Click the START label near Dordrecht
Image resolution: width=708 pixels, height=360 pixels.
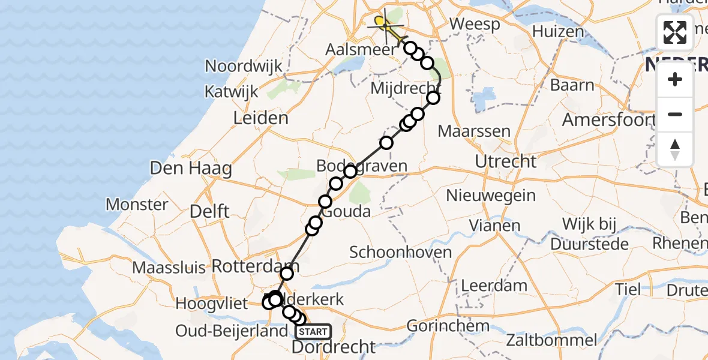(313, 332)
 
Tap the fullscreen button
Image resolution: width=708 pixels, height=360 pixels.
(675, 32)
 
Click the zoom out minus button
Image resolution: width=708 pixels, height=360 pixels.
(675, 114)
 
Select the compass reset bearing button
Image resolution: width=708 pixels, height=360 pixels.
(675, 149)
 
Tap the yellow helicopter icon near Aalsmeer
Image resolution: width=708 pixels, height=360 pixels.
(385, 25)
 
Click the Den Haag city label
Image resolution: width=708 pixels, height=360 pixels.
(191, 169)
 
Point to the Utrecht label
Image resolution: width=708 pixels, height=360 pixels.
(505, 161)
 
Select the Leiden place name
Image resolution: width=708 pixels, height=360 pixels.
(260, 118)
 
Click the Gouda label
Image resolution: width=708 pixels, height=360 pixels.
(346, 212)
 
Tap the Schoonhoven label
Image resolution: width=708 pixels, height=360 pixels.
(400, 252)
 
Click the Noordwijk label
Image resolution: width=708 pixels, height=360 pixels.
(244, 66)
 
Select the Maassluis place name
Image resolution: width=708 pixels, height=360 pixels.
(170, 267)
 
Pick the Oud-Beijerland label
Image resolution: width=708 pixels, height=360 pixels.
(232, 331)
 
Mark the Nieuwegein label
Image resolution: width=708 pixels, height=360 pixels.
(491, 195)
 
